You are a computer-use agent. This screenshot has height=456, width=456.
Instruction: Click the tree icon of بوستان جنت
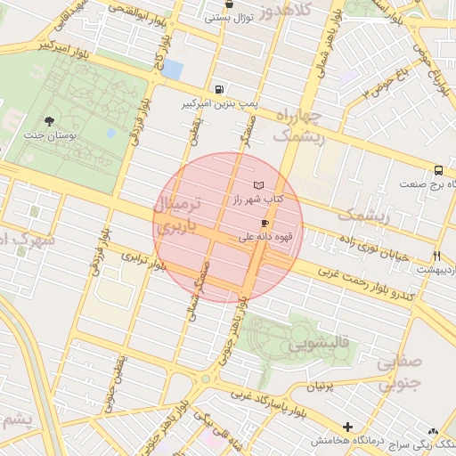48,122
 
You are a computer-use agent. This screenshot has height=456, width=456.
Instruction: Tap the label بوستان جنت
48,138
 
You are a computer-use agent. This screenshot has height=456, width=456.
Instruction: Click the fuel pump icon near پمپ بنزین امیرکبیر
219,89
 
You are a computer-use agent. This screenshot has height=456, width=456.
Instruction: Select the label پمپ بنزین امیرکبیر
219,104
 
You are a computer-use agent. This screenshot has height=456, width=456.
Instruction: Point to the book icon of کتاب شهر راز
258,184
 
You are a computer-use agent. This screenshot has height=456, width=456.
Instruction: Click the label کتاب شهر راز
257,199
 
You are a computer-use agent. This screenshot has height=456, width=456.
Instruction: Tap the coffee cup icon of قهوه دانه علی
264,223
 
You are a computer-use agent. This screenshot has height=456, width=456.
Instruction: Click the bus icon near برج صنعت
438,170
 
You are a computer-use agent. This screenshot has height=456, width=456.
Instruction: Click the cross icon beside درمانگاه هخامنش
347,427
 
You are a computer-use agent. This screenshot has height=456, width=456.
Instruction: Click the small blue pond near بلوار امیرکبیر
172,69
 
